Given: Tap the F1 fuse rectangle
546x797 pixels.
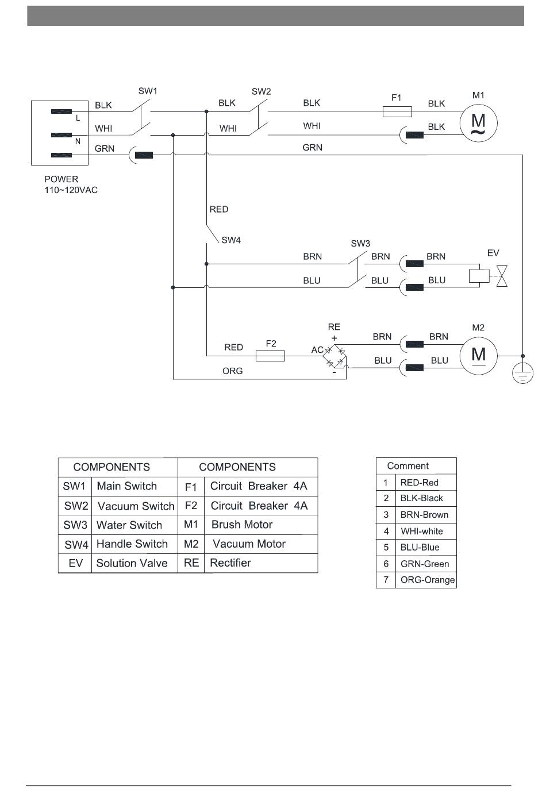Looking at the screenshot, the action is pyautogui.click(x=397, y=111).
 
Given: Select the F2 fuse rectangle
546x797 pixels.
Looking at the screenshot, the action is pyautogui.click(x=270, y=356).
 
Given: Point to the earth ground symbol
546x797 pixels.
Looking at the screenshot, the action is pyautogui.click(x=522, y=373).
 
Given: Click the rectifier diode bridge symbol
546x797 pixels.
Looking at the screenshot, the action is pyautogui.click(x=334, y=356).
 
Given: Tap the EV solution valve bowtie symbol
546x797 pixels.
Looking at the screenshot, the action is pyautogui.click(x=502, y=276).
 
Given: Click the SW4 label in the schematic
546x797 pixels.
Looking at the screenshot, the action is pyautogui.click(x=231, y=240).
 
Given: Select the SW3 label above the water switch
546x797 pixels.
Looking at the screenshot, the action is pyautogui.click(x=360, y=244).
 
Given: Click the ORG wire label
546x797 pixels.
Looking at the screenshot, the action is pyautogui.click(x=232, y=371).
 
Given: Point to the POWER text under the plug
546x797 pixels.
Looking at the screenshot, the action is pyautogui.click(x=61, y=179).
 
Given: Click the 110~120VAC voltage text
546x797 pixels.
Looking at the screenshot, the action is pyautogui.click(x=71, y=190).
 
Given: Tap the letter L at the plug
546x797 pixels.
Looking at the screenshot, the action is pyautogui.click(x=78, y=118).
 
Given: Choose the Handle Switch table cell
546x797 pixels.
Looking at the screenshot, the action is pyautogui.click(x=132, y=544).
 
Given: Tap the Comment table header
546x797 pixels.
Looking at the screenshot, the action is pyautogui.click(x=408, y=466).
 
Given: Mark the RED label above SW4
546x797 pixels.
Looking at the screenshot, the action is pyautogui.click(x=218, y=209).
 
